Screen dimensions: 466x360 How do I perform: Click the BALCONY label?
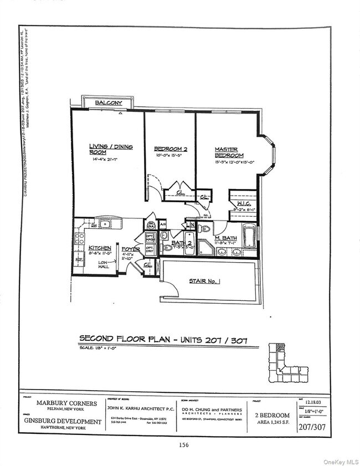coord(109,103)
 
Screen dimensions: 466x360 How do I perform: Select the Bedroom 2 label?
coord(170,149)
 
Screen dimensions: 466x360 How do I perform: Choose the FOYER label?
coord(131,249)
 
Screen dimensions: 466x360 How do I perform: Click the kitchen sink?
coord(103,224)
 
